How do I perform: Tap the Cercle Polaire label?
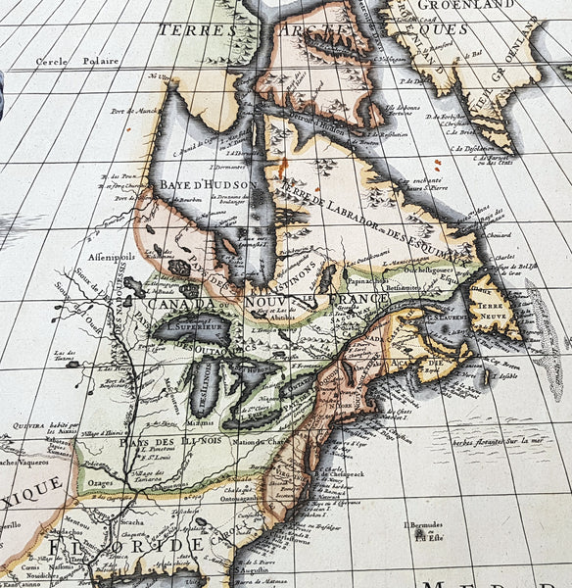click(77, 61)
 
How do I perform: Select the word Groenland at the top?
click(458, 6)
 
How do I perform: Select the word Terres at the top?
click(200, 30)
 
